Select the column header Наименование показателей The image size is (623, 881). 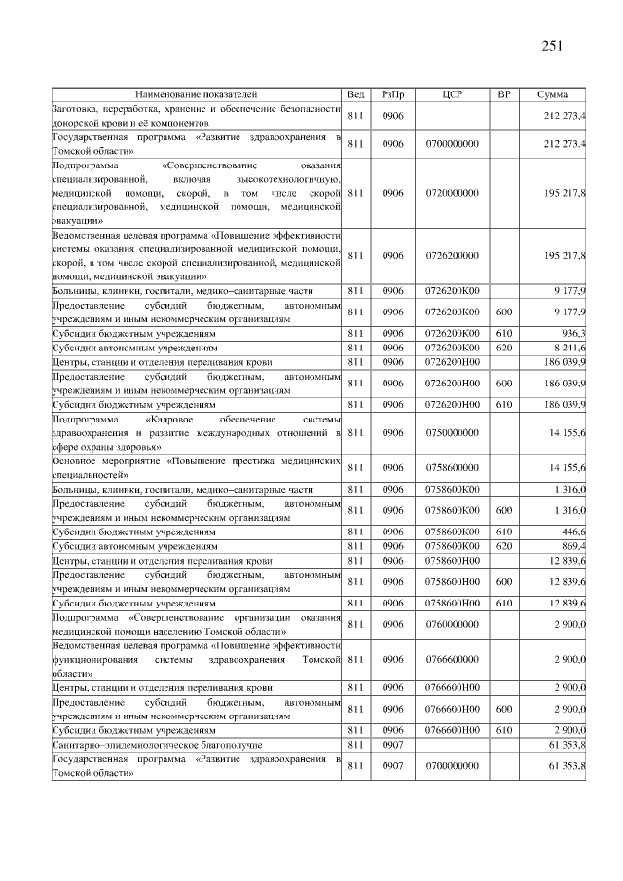tap(197, 94)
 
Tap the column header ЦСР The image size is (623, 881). tap(452, 94)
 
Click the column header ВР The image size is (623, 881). tap(503, 94)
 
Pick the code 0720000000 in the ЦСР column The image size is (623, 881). tap(452, 193)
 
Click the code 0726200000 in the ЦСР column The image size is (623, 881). tap(452, 255)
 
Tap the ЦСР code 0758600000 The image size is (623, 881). tap(452, 467)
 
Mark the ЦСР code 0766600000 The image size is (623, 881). tap(452, 659)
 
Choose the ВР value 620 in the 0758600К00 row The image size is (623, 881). tap(503, 546)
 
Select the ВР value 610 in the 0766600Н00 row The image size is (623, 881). tap(503, 729)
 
